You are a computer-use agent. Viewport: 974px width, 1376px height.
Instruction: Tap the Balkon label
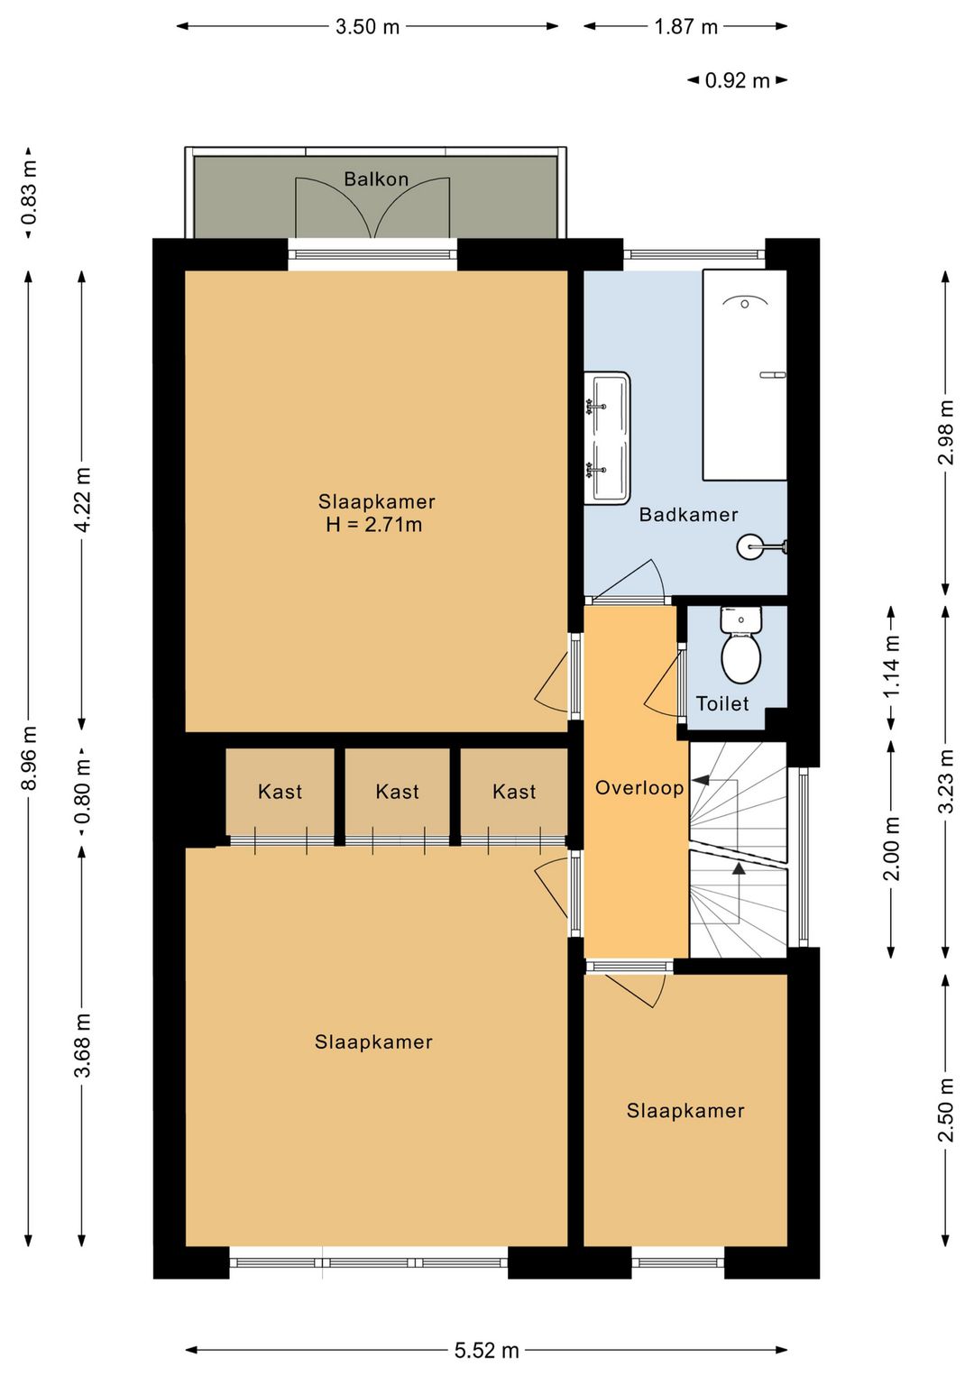click(376, 179)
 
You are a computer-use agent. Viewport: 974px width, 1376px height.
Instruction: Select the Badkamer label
click(688, 515)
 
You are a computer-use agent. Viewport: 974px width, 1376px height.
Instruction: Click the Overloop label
click(639, 788)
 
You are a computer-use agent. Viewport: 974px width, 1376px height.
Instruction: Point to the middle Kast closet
click(397, 792)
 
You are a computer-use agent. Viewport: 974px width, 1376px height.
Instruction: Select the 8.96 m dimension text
click(30, 757)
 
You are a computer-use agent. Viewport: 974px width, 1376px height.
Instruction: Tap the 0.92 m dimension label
click(737, 80)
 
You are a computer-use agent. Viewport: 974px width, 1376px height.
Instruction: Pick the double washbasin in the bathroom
click(607, 437)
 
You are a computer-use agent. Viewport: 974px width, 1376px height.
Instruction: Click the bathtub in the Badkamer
click(745, 375)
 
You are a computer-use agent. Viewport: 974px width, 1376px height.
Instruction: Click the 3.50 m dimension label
click(367, 27)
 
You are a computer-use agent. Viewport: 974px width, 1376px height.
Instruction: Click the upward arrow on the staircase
click(739, 867)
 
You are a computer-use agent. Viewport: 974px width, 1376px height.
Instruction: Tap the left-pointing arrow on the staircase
click(700, 780)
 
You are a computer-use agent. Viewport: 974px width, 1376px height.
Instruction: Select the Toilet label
click(722, 704)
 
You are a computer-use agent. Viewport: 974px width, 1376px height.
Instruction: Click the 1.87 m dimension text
click(685, 27)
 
